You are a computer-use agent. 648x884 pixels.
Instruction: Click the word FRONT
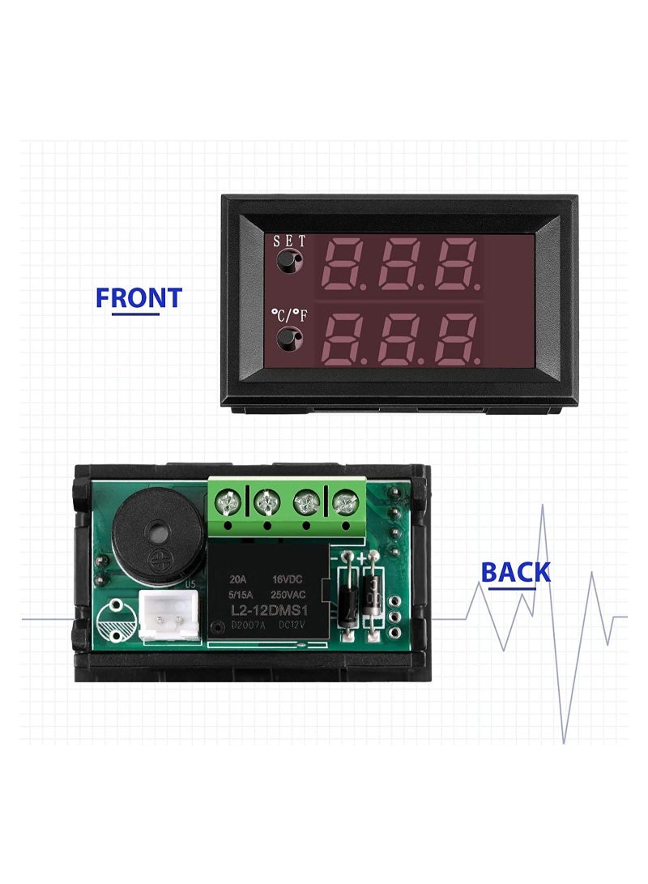coord(139,297)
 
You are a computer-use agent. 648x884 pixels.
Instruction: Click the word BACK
coord(515,572)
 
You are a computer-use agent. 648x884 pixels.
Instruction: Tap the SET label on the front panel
coord(289,241)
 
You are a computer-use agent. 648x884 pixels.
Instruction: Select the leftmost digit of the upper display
coord(343,264)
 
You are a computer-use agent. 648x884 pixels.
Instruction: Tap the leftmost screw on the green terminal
coord(228,503)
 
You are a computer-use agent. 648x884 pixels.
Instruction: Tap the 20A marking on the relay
coord(237,579)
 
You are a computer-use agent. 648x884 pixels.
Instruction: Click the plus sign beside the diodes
coord(361,558)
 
